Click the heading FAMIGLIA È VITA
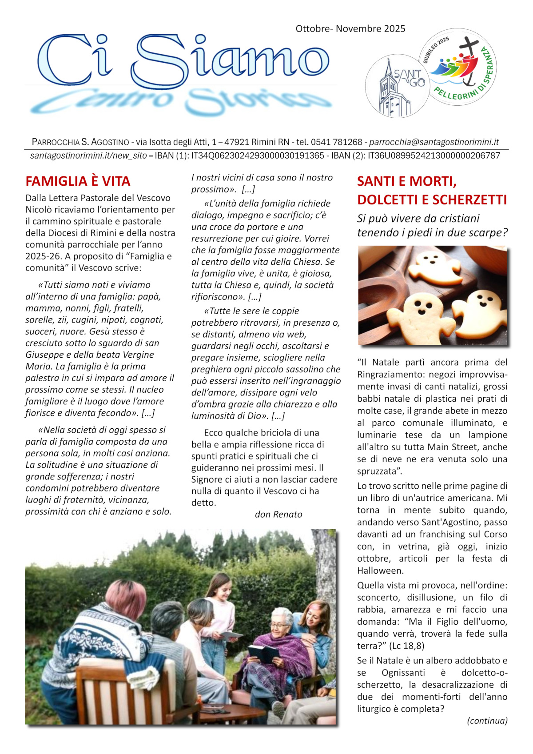pos(78,181)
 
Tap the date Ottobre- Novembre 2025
pos(350,29)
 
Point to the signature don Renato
pos(278,515)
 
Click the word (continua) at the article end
pos(487,721)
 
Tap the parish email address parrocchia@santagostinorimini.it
pos(434,142)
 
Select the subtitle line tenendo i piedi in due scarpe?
pos(432,233)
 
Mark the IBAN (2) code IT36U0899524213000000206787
pos(434,156)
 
